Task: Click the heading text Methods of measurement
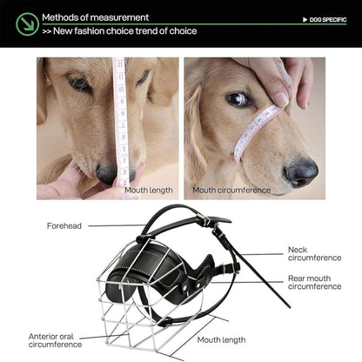point(95,17)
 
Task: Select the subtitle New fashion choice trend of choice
point(119,31)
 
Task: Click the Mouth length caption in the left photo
point(148,189)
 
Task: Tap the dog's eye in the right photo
point(237,99)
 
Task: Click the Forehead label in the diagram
point(64,226)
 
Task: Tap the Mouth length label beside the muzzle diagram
point(221,339)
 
